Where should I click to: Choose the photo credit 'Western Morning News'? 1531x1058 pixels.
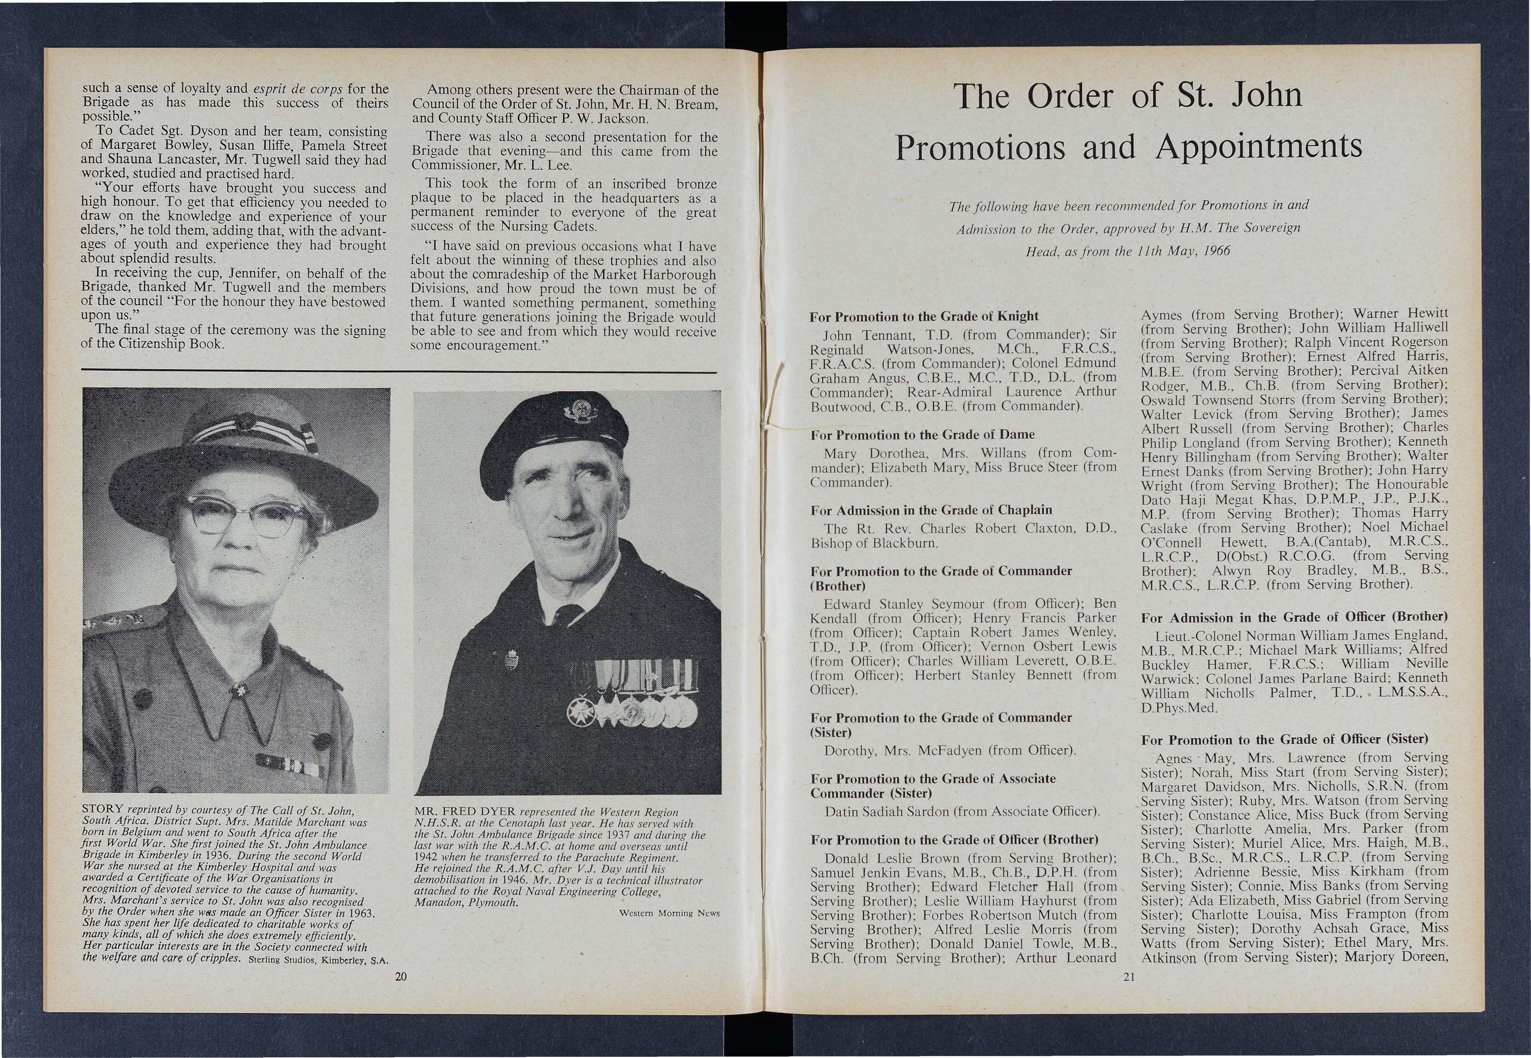pos(668,913)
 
